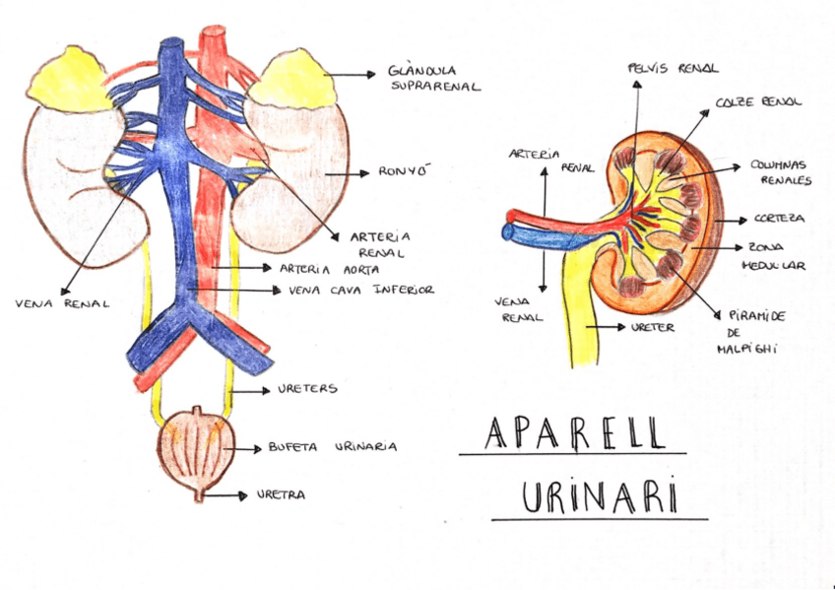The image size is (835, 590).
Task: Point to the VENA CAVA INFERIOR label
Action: (361, 291)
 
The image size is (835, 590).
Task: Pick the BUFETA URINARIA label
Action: (332, 446)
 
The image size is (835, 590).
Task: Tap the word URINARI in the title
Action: (599, 496)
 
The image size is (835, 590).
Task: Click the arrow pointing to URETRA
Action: (229, 495)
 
